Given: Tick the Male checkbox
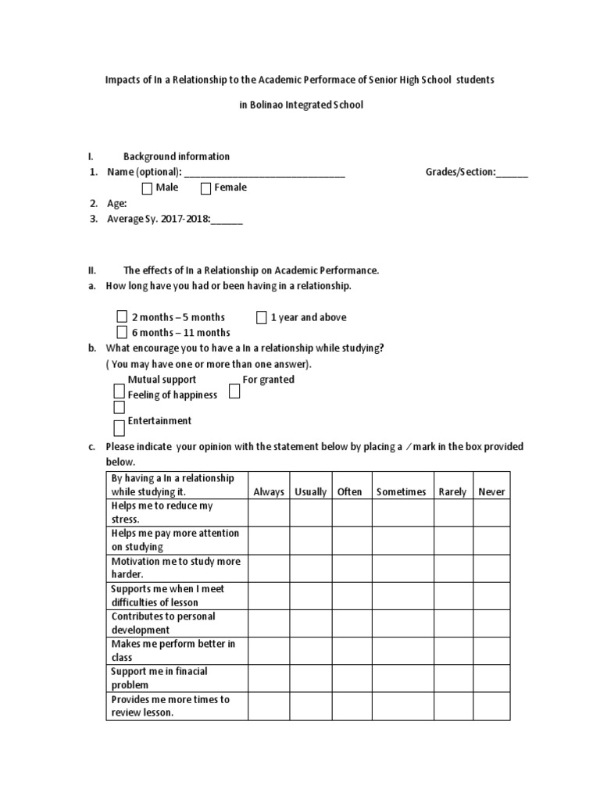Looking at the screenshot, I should (148, 188).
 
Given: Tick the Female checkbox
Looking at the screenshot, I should (206, 188).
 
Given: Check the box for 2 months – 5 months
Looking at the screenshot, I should (121, 317).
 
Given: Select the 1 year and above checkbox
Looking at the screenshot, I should (262, 317).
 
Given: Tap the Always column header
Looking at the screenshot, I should (269, 492).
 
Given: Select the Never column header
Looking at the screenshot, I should (491, 492).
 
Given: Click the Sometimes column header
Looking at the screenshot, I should (401, 492).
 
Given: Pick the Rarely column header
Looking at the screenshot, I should (452, 492).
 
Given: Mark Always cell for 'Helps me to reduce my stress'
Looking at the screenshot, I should (269, 512).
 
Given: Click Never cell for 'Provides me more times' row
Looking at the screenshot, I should (491, 706).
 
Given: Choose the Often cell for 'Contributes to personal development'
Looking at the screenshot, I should (350, 623).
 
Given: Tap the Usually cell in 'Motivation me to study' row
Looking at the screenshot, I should (310, 568).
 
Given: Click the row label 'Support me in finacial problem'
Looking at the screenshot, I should (159, 678).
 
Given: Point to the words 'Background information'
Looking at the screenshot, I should (177, 156).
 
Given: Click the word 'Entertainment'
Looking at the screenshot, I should (159, 421).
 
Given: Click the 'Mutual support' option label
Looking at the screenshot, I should (162, 380).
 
